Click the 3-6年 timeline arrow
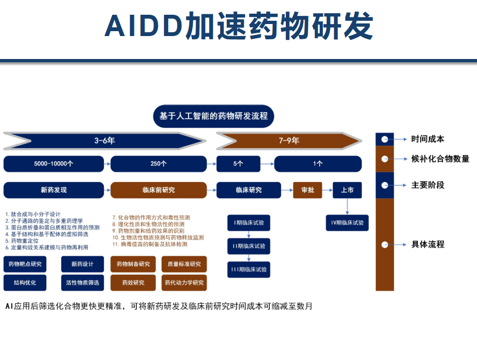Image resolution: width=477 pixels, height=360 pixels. [x=104, y=140]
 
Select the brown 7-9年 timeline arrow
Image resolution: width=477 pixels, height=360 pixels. [x=288, y=140]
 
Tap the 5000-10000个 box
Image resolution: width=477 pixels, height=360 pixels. [x=54, y=163]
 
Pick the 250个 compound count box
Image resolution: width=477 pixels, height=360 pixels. [x=158, y=163]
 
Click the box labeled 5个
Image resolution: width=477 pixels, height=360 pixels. [x=238, y=163]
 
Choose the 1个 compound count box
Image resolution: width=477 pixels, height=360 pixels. [x=317, y=163]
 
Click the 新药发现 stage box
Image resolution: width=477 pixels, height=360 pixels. [x=54, y=190]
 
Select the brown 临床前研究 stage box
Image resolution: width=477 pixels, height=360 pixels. [x=158, y=190]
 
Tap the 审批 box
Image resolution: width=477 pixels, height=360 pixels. [x=308, y=190]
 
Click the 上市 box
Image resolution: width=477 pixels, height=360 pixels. [x=347, y=190]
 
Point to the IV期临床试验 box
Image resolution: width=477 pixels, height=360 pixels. [x=347, y=223]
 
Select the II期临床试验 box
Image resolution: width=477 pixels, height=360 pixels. [x=249, y=246]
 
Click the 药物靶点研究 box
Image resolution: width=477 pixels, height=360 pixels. [x=25, y=264]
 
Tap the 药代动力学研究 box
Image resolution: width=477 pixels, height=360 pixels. [x=184, y=282]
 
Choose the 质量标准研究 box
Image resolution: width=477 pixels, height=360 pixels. [x=184, y=264]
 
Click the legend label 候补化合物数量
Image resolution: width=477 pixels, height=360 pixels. [x=440, y=159]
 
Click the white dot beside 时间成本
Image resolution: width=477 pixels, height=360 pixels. [x=385, y=139]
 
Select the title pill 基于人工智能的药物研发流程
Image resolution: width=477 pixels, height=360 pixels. [x=213, y=116]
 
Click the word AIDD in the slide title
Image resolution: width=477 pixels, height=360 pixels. [x=144, y=26]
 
